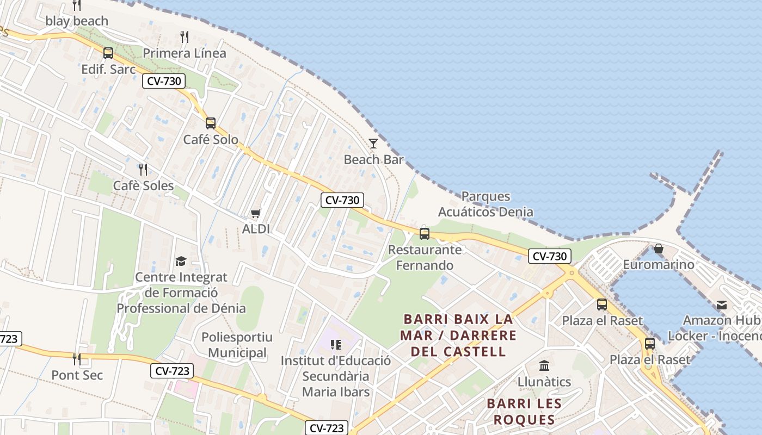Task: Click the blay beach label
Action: coord(77,21)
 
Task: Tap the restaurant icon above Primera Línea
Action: coord(185,37)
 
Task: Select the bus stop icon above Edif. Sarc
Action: coord(108,53)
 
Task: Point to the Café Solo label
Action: coord(211,140)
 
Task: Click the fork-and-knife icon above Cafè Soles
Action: coord(143,169)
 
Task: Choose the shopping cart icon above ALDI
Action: coord(256,213)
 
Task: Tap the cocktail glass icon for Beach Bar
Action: coord(373,144)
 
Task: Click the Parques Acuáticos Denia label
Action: coord(486,204)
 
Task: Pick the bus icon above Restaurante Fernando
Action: coord(425,234)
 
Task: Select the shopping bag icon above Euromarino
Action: coord(659,248)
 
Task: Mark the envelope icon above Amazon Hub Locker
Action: coord(722,304)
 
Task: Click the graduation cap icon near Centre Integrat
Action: coord(181,261)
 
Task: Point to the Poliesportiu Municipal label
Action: coord(237,345)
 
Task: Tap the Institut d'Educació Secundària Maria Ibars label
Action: coord(336,376)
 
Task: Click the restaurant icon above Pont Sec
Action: coord(77,359)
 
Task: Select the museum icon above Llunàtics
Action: coord(544,365)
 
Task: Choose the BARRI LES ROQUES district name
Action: coord(524,412)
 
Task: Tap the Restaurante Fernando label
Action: coord(425,258)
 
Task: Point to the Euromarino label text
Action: coord(659,265)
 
